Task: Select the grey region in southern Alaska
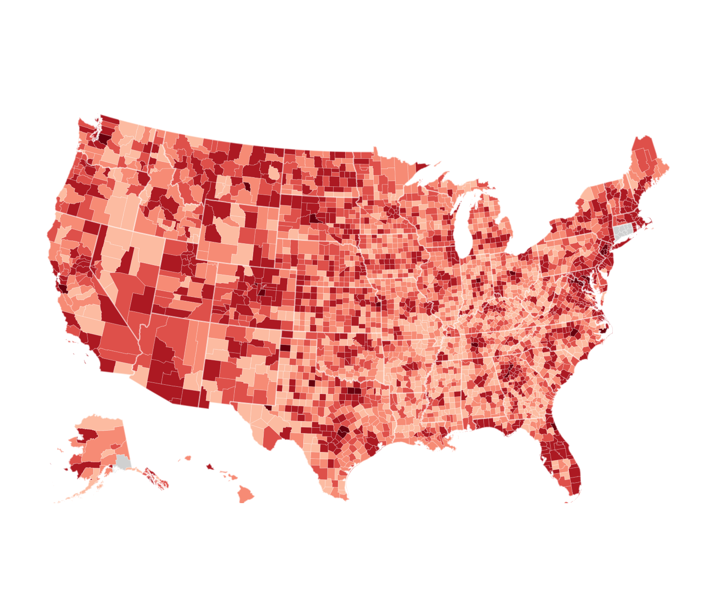click(123, 462)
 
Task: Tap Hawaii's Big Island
click(245, 494)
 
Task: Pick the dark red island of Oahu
click(210, 466)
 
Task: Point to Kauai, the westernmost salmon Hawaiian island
click(188, 458)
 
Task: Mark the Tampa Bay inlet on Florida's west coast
click(545, 456)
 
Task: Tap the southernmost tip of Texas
click(344, 497)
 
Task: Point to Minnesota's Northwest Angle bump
click(375, 149)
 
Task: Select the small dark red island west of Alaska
click(66, 469)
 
